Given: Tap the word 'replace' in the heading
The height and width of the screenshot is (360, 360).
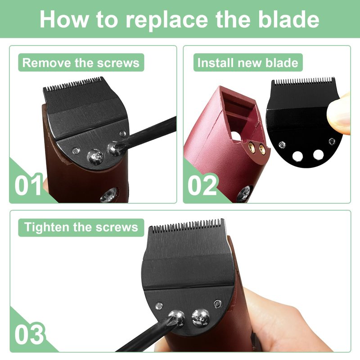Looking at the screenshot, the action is click(166, 20).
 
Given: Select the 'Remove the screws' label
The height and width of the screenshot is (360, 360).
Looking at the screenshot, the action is click(81, 63).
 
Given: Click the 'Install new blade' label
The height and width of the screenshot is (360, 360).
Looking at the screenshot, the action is click(248, 63).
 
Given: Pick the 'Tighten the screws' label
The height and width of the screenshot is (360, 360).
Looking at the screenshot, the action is click(81, 227).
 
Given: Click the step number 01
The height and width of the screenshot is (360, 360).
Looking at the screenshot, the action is click(28, 185).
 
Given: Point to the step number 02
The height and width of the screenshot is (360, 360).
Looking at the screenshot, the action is click(202, 185).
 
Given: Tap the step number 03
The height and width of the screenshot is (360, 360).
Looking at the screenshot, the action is click(29, 334).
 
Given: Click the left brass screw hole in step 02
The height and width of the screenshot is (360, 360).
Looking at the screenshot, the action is click(252, 147).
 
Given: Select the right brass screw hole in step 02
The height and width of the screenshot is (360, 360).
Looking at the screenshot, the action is click(262, 149).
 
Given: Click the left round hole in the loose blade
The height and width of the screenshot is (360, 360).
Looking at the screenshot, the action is click(297, 156).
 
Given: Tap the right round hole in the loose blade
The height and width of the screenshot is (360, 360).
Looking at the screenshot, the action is click(319, 154).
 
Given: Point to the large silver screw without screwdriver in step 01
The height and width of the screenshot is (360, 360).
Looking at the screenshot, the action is click(95, 157).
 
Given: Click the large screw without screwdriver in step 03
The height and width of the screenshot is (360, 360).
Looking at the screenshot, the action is click(201, 318).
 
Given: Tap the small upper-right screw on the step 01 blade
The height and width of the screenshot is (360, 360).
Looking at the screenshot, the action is click(123, 134).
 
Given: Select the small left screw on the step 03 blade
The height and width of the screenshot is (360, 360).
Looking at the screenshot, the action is click(159, 306).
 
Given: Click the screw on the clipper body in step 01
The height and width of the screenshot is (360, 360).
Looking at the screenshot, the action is click(109, 195).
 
